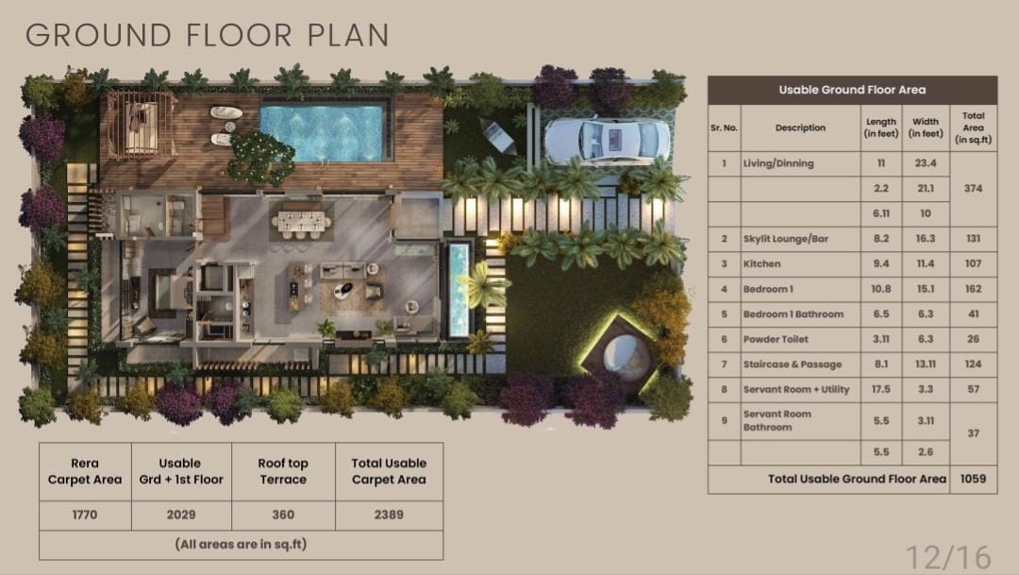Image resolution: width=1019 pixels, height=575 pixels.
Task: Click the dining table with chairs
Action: (x=302, y=222)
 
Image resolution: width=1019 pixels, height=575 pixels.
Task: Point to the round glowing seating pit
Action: (x=626, y=357)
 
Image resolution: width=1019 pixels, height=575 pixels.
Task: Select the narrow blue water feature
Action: (x=459, y=290)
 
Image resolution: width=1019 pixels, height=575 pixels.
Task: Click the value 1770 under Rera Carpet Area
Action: (x=85, y=515)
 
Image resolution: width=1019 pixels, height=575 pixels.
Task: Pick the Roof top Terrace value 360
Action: (x=283, y=515)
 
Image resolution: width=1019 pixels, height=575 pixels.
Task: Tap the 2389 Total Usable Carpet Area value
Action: (x=389, y=515)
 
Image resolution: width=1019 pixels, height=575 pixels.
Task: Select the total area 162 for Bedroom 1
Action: (x=973, y=289)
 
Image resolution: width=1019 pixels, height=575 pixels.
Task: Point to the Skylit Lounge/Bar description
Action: (x=786, y=239)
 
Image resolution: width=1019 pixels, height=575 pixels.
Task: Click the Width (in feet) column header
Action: (x=926, y=127)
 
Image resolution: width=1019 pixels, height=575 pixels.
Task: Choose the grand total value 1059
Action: (x=973, y=479)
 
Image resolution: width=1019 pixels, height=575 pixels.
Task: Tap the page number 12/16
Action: (x=949, y=557)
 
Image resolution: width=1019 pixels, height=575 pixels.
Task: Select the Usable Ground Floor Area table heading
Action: (x=852, y=90)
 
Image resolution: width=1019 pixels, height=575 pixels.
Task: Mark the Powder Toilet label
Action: (x=776, y=339)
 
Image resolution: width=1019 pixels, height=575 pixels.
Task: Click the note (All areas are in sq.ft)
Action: (x=242, y=544)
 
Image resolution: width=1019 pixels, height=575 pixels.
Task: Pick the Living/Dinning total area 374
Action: (x=973, y=188)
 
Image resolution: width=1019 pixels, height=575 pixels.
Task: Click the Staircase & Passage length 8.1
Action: (x=881, y=364)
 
